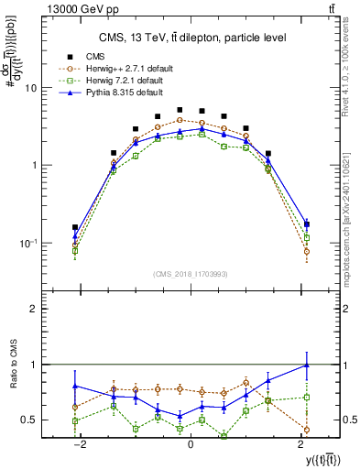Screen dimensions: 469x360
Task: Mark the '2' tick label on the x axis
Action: click(x=302, y=443)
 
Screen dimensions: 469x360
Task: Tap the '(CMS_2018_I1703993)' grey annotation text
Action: click(x=191, y=274)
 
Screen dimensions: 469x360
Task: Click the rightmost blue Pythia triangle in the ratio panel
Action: click(x=307, y=365)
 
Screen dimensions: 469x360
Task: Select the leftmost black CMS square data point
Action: click(x=75, y=227)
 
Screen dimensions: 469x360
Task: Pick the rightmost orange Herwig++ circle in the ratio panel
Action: click(x=307, y=429)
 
